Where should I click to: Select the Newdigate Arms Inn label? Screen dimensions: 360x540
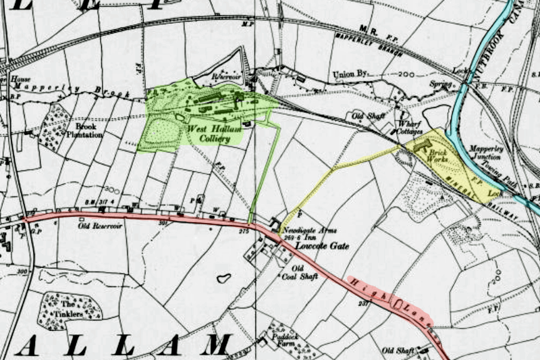tap(311, 235)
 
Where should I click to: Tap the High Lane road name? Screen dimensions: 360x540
tap(391, 302)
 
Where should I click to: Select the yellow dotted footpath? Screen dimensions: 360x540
tap(337, 169)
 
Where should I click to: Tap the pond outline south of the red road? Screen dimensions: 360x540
tap(223, 278)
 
